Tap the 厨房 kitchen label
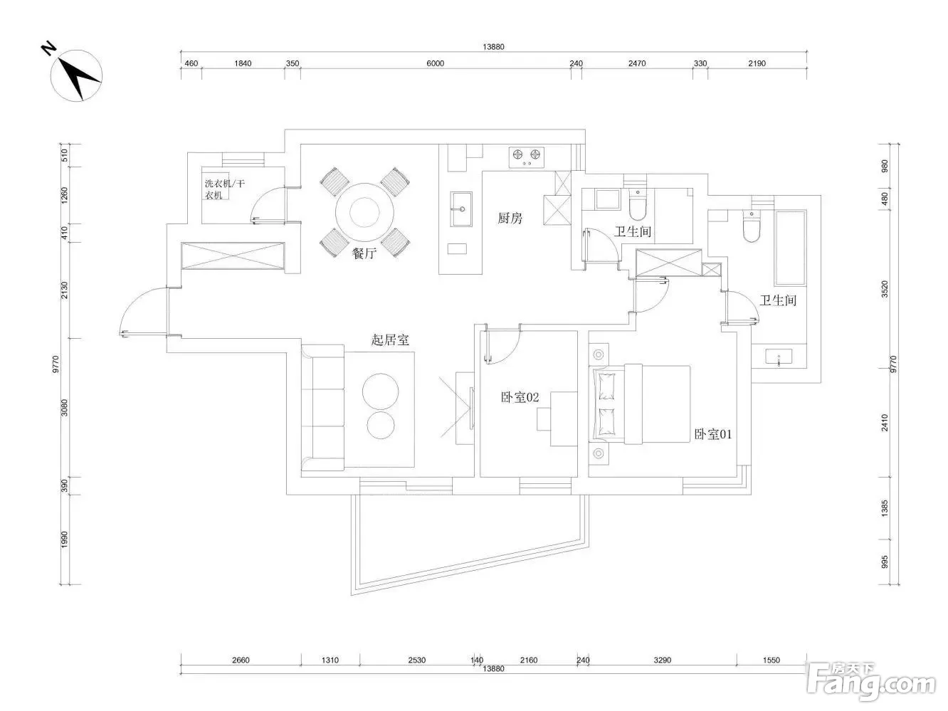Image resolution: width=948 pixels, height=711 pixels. tap(510, 218)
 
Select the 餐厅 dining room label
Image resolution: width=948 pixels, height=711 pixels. tap(364, 253)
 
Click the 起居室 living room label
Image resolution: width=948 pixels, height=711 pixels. tap(390, 339)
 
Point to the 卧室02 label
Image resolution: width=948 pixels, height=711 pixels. tap(520, 396)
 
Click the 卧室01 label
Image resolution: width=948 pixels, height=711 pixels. tap(713, 434)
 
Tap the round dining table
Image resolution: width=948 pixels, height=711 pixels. tap(364, 212)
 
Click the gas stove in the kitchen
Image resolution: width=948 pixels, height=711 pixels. tap(526, 157)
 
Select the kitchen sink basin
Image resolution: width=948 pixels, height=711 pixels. tap(461, 209)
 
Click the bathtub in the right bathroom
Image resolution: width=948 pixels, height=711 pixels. tap(791, 248)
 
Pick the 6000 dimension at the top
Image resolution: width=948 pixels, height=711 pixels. tap(435, 63)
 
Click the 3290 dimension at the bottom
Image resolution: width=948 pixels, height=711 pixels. tap(662, 660)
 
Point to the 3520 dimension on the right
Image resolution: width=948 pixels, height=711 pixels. tap(885, 289)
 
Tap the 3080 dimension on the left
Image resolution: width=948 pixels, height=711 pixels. tap(64, 408)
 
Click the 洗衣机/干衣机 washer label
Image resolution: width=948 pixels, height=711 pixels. tap(224, 189)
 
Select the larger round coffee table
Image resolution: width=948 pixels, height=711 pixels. tap(380, 391)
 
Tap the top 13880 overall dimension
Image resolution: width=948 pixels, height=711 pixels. tap(493, 47)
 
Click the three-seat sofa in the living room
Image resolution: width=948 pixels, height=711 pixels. tap(323, 408)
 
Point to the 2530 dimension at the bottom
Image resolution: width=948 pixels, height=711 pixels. tap(417, 660)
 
